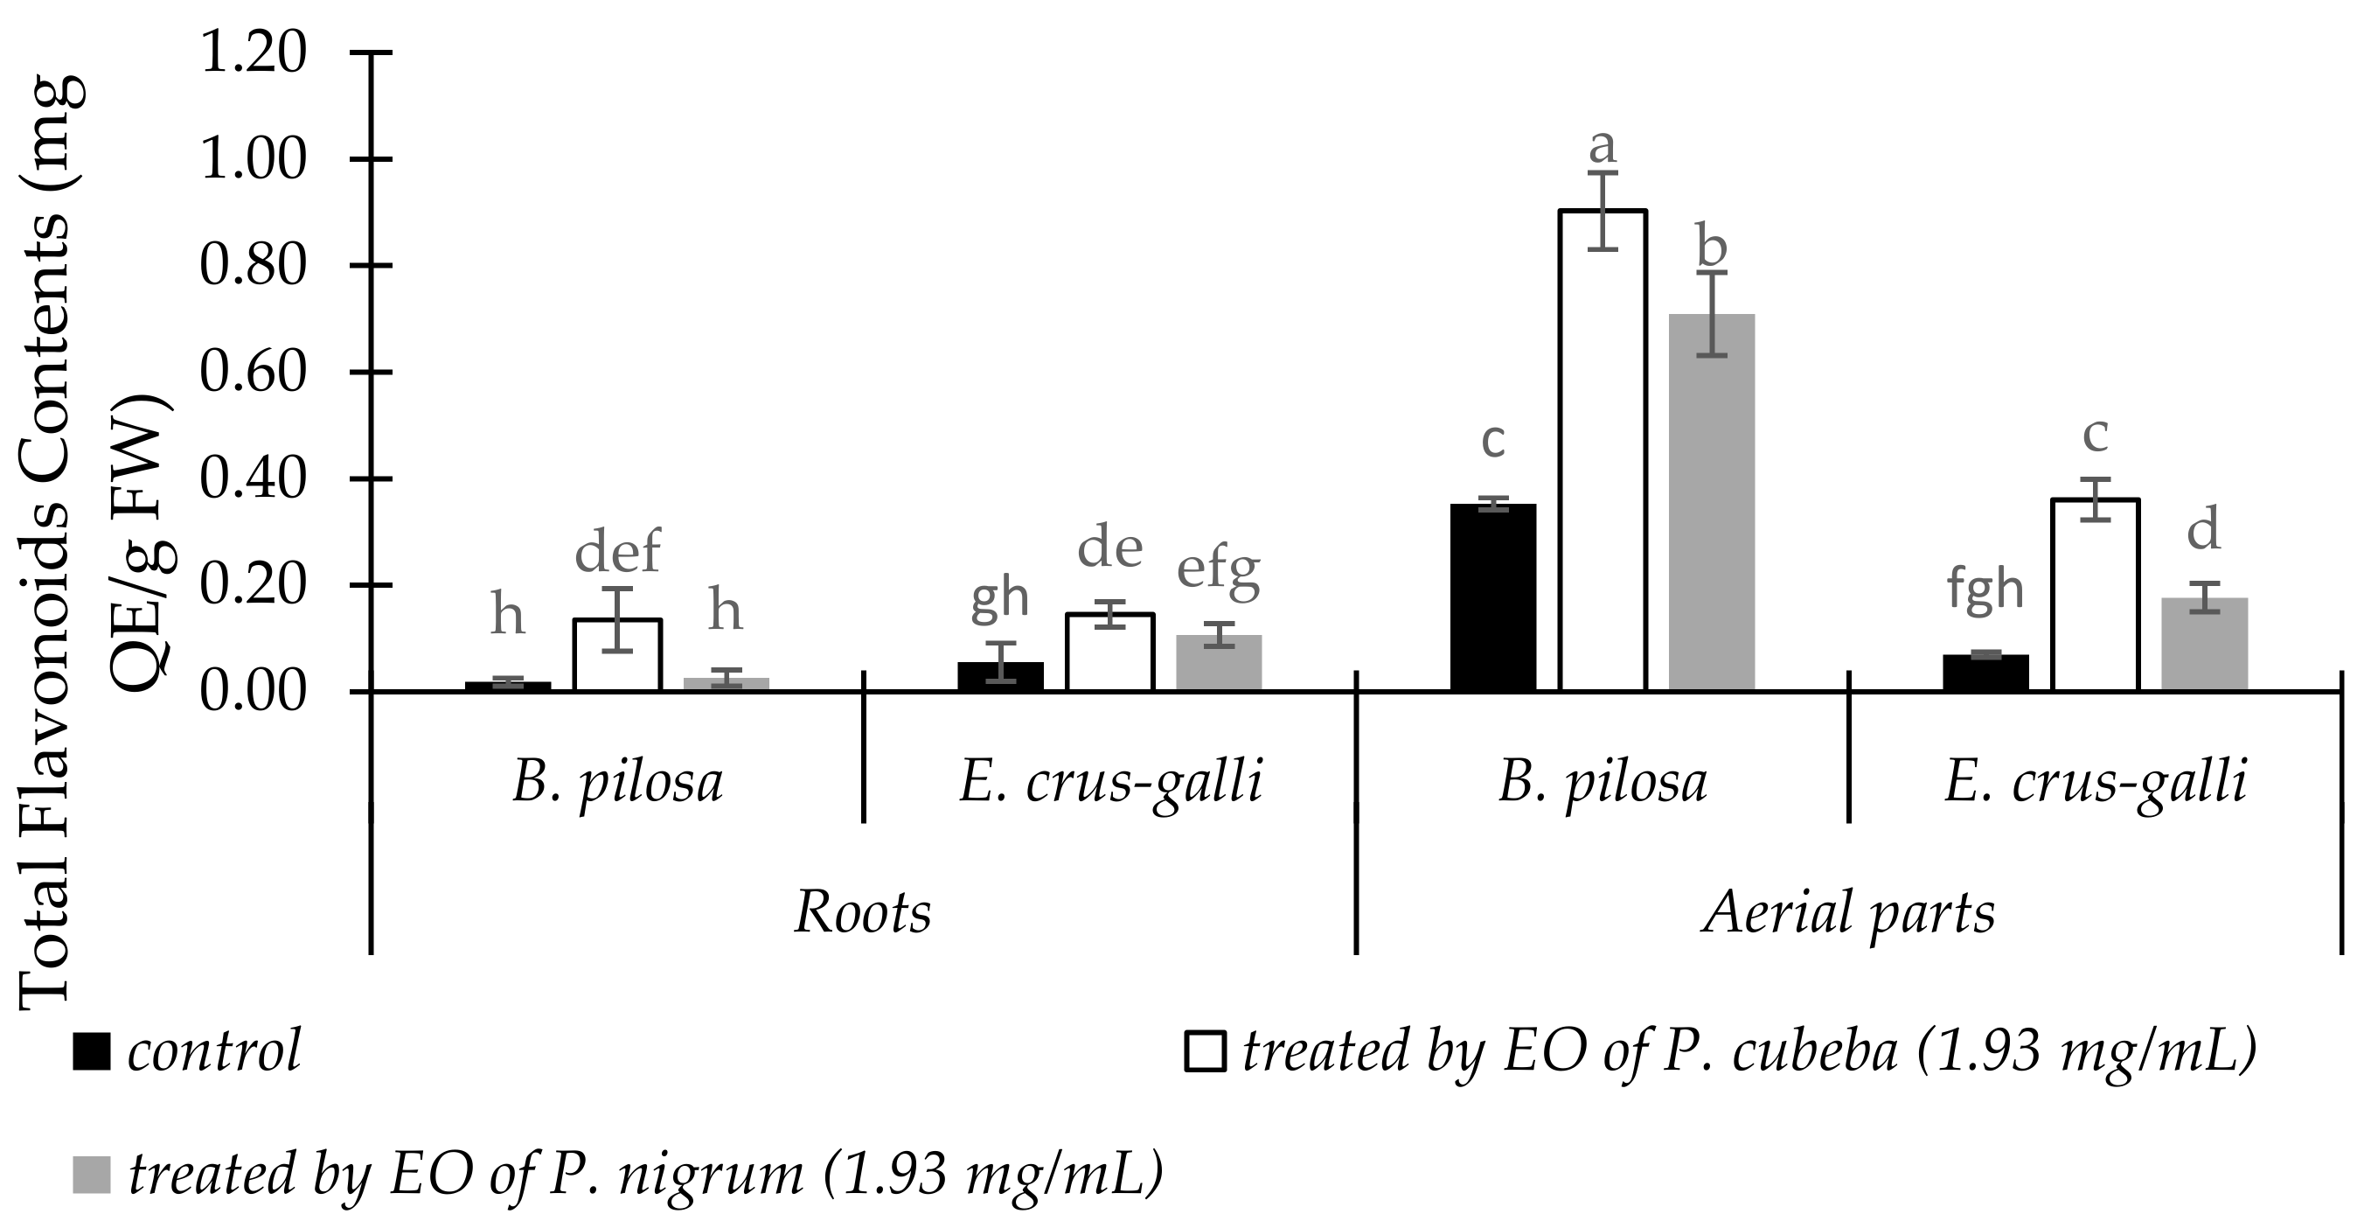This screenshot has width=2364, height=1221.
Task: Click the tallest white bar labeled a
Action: (x=1603, y=450)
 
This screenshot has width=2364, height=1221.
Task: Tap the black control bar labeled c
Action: (x=1493, y=597)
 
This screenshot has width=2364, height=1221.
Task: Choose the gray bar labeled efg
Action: (x=1219, y=662)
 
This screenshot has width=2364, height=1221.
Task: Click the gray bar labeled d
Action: (x=2204, y=644)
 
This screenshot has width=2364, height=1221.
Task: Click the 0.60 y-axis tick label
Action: (x=254, y=373)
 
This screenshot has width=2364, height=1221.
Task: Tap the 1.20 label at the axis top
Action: (x=254, y=53)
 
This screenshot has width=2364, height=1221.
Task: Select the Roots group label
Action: (x=863, y=913)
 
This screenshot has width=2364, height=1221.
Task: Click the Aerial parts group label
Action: (x=1848, y=913)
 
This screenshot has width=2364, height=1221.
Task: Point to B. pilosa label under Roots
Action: (x=617, y=783)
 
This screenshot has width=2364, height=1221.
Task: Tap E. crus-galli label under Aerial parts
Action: (x=2095, y=783)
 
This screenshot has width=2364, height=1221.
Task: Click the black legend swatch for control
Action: (x=92, y=1052)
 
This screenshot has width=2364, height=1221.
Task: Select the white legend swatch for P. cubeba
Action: (x=1205, y=1052)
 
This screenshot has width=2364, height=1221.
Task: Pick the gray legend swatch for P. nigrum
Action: (x=92, y=1176)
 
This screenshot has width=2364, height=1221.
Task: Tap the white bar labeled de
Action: (x=1109, y=652)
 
